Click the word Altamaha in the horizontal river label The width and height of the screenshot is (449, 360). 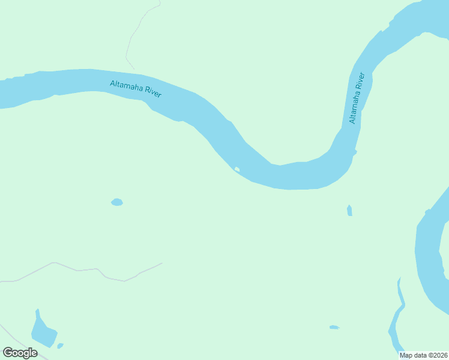[128, 87]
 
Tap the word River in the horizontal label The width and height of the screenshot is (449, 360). [152, 94]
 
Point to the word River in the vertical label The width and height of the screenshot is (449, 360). [360, 81]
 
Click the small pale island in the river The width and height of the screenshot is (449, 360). [237, 169]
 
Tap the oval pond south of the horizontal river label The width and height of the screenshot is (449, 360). [117, 202]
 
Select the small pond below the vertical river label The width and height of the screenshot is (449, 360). [349, 211]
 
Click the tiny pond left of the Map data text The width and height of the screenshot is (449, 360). [334, 327]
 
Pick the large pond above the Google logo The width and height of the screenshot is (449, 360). [42, 332]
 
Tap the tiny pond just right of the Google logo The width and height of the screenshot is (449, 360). [60, 346]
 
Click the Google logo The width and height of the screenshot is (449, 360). [20, 353]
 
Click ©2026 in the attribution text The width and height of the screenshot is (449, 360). [438, 355]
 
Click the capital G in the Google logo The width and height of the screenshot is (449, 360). [7, 353]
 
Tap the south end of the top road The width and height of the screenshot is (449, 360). [133, 68]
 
